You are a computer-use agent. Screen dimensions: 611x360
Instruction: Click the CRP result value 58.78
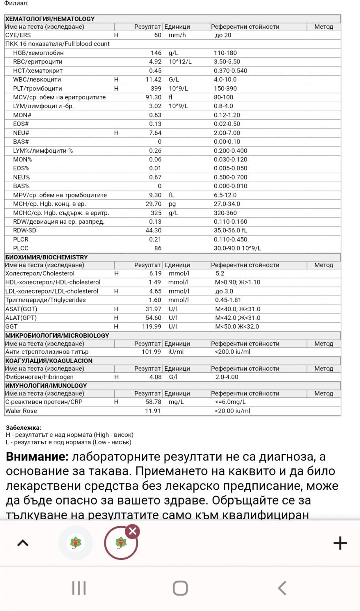coord(154,402)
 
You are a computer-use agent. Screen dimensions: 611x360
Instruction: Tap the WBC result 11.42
coord(154,80)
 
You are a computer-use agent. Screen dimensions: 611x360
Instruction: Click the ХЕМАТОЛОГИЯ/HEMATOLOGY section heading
coord(50,19)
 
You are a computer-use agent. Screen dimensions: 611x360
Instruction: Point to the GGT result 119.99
coord(152,327)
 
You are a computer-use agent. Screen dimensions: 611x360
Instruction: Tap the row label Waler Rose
coord(21,411)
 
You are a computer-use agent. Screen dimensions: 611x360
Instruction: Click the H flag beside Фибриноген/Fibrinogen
coord(116,377)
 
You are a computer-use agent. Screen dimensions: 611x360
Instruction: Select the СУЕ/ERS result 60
coord(158,35)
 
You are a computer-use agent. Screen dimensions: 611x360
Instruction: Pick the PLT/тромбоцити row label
coord(37,89)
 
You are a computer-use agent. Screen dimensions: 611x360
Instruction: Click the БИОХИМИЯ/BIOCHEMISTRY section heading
coord(46,257)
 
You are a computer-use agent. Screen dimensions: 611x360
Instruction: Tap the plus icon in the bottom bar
coord(340,543)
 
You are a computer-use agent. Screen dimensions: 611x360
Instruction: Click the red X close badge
coord(133,531)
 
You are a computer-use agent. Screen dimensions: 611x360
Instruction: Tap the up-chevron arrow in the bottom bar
coord(23,543)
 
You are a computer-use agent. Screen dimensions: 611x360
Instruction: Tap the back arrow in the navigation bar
coord(282,588)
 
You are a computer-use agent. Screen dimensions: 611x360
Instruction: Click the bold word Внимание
coord(37,457)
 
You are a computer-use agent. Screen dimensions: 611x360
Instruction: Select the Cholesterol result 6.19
coord(155,273)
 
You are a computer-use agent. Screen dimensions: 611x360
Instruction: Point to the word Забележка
coord(23,427)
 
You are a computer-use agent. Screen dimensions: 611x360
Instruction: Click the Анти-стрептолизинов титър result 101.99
coord(151,352)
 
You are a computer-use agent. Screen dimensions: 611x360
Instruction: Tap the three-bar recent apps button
coord(79,588)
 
